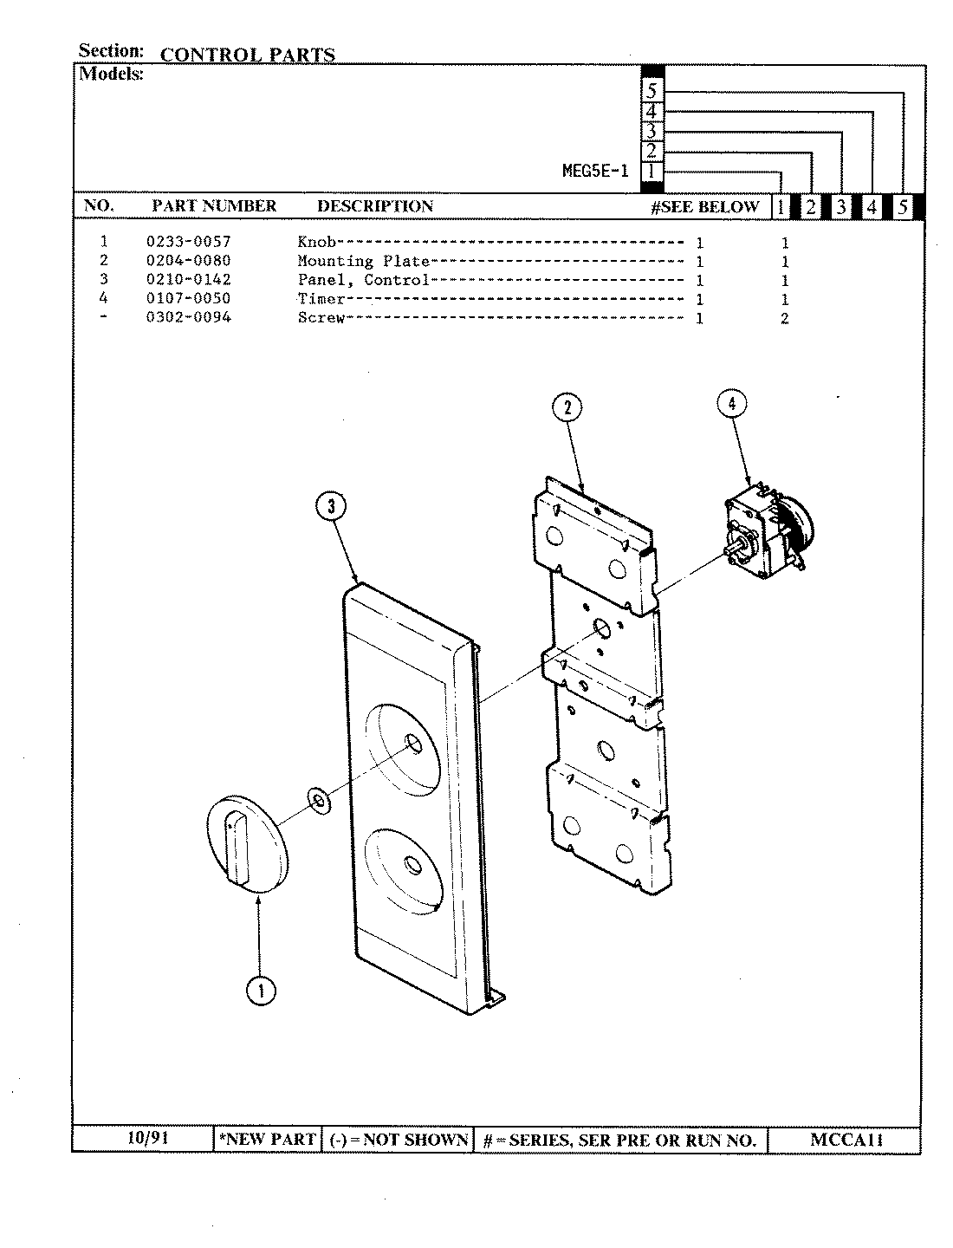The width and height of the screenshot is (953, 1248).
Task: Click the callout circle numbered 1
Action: pyautogui.click(x=261, y=990)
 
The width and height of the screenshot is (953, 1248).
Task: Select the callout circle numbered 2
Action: pyautogui.click(x=567, y=407)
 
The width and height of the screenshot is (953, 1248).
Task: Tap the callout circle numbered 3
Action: pyautogui.click(x=332, y=507)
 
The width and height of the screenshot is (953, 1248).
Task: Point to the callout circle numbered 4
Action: pyautogui.click(x=732, y=404)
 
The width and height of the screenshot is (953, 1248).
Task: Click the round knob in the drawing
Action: pyautogui.click(x=246, y=842)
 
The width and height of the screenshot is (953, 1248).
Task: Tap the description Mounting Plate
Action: pyautogui.click(x=363, y=261)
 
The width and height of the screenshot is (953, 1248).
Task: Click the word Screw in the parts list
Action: pyautogui.click(x=321, y=317)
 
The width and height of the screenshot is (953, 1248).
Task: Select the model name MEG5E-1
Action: pyautogui.click(x=595, y=171)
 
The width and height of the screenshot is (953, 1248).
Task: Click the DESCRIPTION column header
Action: pyautogui.click(x=374, y=206)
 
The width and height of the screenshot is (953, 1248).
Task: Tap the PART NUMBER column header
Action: pyautogui.click(x=214, y=206)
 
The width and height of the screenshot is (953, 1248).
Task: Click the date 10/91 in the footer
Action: pyautogui.click(x=144, y=1138)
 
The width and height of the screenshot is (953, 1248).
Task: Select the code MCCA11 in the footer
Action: pyautogui.click(x=846, y=1140)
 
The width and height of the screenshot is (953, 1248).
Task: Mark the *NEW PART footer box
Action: pyautogui.click(x=268, y=1140)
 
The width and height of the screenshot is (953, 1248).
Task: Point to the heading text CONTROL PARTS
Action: pyautogui.click(x=248, y=55)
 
